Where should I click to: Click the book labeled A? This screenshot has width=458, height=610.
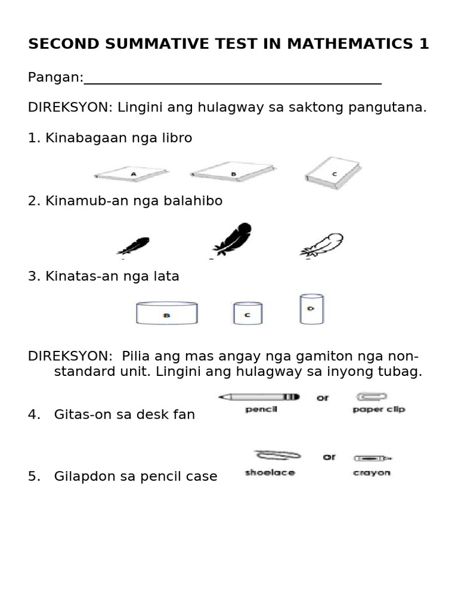tap(132, 174)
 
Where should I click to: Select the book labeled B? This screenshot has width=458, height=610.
tap(233, 172)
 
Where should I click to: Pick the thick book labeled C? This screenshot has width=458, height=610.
tap(333, 173)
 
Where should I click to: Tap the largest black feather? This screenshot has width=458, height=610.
tap(233, 239)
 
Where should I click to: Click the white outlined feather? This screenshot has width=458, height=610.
tap(323, 245)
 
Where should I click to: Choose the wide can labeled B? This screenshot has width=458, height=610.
tap(167, 313)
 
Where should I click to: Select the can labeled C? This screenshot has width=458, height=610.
tap(247, 313)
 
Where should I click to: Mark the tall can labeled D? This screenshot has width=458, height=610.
tap(311, 309)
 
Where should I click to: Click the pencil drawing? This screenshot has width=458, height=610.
tap(259, 397)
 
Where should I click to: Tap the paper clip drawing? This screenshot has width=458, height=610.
tap(372, 396)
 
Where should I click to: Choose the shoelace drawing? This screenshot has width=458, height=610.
tap(278, 456)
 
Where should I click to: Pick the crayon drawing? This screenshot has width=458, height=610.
tap(373, 458)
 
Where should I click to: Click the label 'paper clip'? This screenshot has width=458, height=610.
tap(379, 410)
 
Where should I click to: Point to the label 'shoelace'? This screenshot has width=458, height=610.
tap(270, 473)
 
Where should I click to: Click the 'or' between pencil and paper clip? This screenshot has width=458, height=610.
tap(323, 397)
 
